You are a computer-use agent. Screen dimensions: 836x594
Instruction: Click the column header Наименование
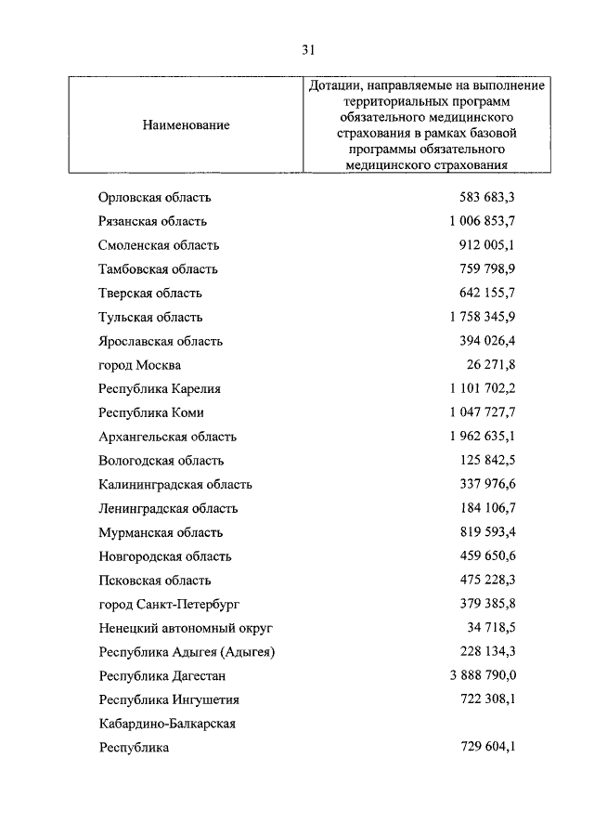[x=186, y=124]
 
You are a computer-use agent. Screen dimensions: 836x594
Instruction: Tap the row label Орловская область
[x=155, y=197]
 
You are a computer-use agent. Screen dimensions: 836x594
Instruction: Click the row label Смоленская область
[x=159, y=245]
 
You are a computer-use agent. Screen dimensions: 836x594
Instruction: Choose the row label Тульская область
[x=150, y=318]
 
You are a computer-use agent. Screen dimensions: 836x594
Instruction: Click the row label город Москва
[x=140, y=365]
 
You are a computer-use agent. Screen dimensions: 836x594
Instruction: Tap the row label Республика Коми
[x=151, y=412]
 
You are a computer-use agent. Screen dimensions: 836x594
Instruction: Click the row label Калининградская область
[x=175, y=485]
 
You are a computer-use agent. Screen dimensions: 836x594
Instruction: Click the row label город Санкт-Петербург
[x=169, y=605]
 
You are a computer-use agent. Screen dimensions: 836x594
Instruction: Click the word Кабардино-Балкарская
[x=167, y=724]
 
